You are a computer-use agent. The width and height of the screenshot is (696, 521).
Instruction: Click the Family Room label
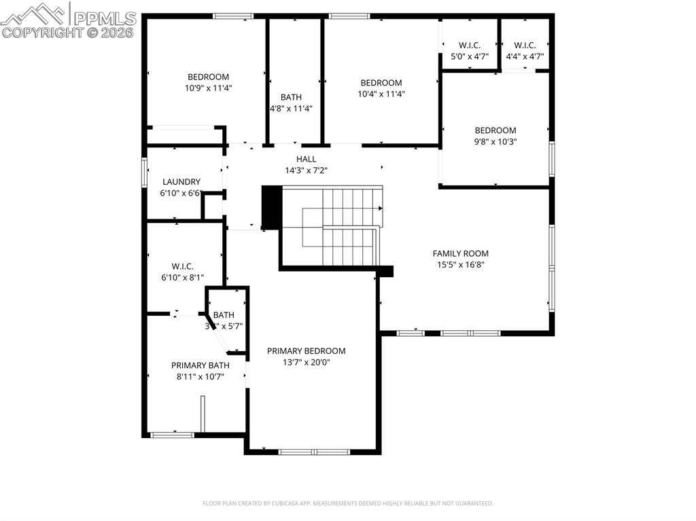[x=460, y=253]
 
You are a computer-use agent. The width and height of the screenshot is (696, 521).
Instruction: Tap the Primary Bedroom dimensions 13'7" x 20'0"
[x=306, y=362]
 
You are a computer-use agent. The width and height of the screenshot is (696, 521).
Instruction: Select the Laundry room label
[x=181, y=182]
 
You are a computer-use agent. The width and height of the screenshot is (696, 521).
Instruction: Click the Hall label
[x=306, y=159]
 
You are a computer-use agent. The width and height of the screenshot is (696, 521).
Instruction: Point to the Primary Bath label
[x=200, y=365]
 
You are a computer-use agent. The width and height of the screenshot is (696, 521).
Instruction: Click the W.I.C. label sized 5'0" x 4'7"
[x=470, y=46]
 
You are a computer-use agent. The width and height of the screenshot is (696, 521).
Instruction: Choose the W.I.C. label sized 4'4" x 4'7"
[x=525, y=46]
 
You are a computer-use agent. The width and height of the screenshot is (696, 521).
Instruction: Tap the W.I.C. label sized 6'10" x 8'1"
[x=184, y=266]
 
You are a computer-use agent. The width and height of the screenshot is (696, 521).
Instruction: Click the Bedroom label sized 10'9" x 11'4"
[x=208, y=77]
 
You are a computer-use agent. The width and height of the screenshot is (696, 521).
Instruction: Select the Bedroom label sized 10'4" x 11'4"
[x=381, y=83]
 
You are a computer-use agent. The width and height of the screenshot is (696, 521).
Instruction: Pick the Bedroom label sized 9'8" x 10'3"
[x=495, y=130]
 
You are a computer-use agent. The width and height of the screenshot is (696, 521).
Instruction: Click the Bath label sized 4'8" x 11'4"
[x=291, y=97]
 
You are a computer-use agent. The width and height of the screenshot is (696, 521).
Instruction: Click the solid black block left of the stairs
[x=271, y=207]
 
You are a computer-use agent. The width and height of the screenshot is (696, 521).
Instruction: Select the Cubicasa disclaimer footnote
[x=348, y=503]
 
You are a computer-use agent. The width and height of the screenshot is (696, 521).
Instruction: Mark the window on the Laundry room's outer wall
[x=144, y=172]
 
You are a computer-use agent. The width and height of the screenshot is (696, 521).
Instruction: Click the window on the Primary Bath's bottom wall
[x=163, y=435]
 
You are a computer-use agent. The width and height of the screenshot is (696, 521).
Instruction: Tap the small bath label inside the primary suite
[x=224, y=315]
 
